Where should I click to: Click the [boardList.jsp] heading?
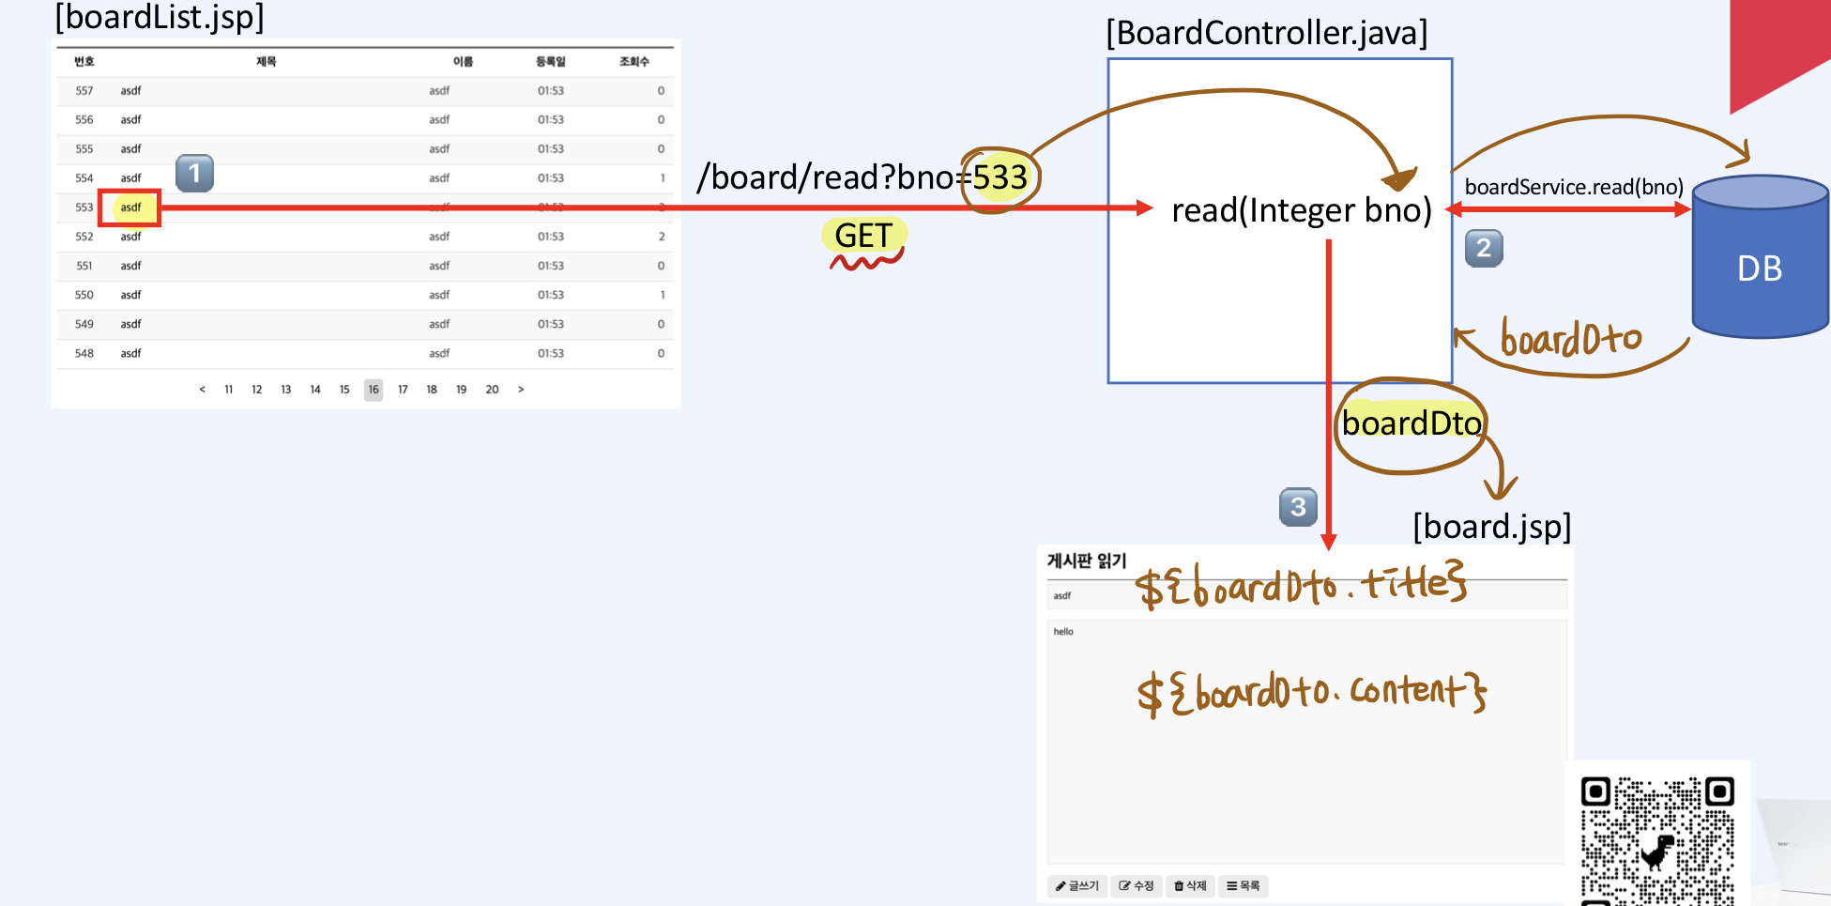160,18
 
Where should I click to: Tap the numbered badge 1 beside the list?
194,174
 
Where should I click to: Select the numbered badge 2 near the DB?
1483,249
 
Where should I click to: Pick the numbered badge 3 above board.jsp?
1298,507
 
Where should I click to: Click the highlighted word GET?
863,236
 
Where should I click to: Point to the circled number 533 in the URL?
999,177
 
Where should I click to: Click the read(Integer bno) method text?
1301,210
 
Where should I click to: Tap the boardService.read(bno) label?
1573,187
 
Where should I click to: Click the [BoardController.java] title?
1266,33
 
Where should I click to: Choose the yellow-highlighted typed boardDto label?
1411,423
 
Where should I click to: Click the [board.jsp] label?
1491,527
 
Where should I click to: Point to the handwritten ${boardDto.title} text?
1300,586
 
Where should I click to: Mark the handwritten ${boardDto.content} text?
1311,693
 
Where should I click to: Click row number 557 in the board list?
84,91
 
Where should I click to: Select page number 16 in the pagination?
374,390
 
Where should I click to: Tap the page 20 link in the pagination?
492,390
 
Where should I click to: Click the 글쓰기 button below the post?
1076,885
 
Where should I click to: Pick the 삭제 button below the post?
1190,885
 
